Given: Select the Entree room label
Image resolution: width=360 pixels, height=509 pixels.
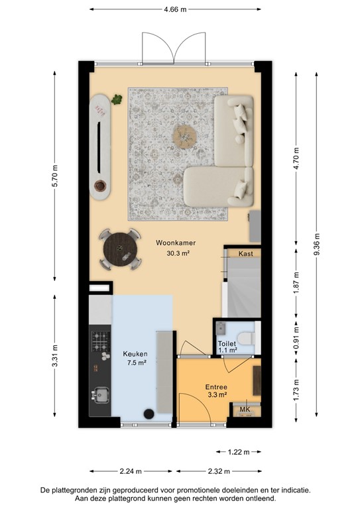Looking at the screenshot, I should (215, 386).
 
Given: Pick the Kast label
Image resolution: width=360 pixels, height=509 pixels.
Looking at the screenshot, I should (245, 253).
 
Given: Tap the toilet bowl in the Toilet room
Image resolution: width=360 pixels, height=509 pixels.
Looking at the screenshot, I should (246, 336).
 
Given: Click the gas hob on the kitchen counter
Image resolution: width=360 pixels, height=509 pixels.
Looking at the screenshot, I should (101, 341).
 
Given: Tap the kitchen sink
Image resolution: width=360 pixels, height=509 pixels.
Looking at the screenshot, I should (101, 395).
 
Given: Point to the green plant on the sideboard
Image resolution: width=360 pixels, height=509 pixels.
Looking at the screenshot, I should (117, 100).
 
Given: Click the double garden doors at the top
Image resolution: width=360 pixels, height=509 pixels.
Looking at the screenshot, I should (174, 48).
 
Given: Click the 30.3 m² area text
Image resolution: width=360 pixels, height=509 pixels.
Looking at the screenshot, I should (173, 253).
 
